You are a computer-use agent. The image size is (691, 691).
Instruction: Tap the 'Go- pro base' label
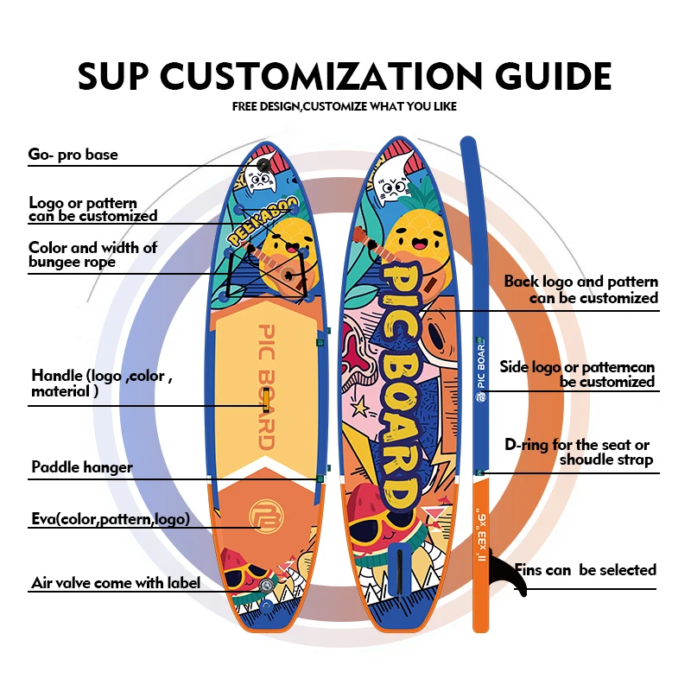click(73, 155)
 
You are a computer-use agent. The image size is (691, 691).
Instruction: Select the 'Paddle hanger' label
click(82, 467)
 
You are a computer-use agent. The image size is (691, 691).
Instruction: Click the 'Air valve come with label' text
click(116, 583)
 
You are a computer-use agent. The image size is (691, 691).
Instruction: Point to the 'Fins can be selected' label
click(586, 570)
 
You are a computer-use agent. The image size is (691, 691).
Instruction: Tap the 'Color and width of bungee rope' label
click(92, 255)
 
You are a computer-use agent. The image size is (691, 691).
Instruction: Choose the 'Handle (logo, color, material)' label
click(102, 384)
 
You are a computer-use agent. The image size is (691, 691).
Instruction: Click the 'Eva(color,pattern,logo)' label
click(111, 519)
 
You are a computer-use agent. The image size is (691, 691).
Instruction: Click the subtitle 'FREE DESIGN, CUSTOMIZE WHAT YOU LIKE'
click(345, 107)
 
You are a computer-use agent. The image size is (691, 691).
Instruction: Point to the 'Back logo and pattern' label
click(580, 289)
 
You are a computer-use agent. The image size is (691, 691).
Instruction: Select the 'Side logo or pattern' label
click(577, 374)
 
